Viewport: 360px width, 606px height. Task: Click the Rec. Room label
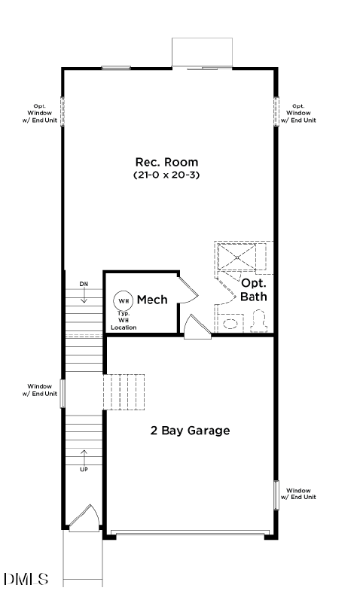166,162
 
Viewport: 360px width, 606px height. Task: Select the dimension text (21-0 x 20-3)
166,175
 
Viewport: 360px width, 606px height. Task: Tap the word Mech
152,300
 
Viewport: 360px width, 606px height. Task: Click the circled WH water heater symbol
124,300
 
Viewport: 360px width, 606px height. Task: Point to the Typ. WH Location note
124,320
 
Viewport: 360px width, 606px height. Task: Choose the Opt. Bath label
253,290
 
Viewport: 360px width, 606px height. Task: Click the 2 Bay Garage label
190,431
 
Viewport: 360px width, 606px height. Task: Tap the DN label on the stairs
84,284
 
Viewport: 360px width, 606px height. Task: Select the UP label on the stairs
84,468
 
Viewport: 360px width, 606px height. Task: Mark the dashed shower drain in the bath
237,257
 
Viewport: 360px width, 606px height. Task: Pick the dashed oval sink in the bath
230,324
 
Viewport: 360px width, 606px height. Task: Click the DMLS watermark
26,579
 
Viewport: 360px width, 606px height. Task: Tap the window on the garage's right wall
276,495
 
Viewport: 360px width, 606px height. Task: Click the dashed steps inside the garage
124,391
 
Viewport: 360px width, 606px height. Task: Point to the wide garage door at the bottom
189,534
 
